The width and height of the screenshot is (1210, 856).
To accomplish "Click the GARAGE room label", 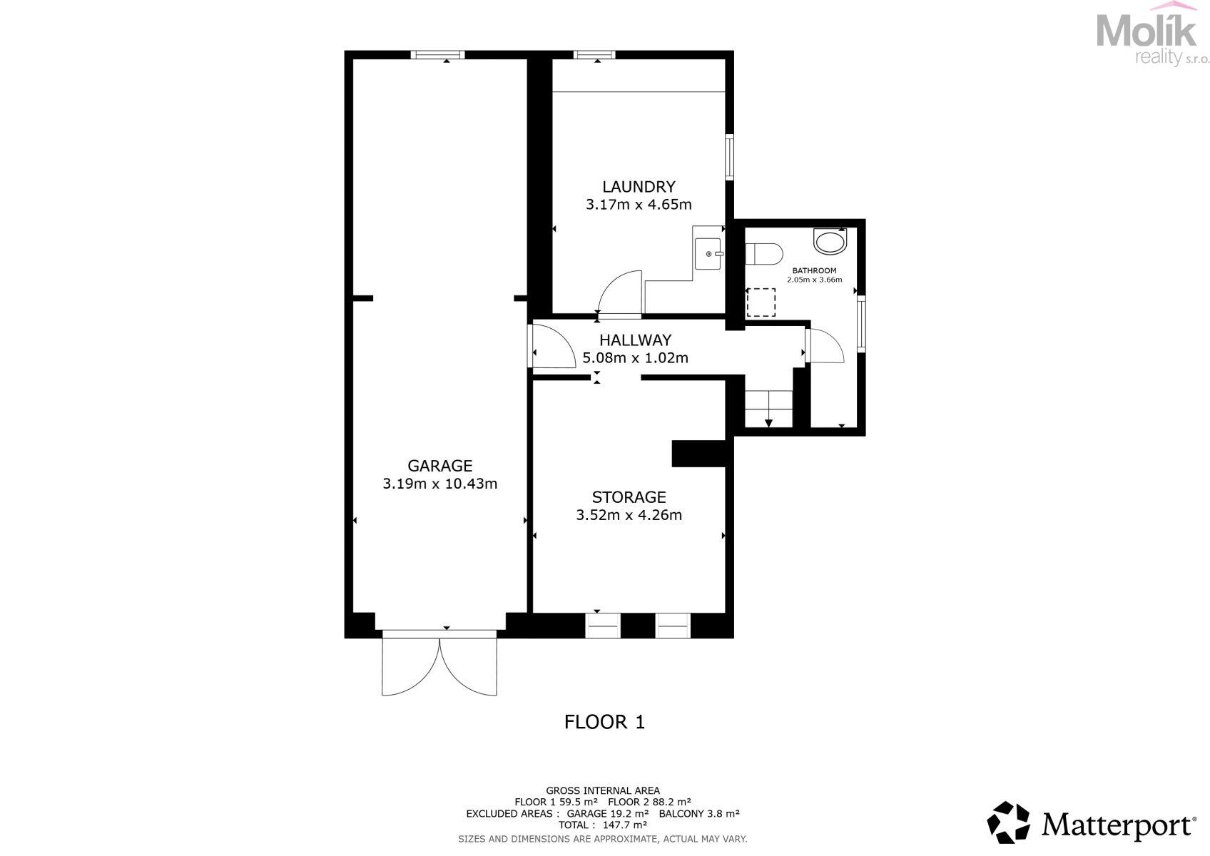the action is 439,466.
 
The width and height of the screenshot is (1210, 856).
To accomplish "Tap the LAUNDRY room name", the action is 639,187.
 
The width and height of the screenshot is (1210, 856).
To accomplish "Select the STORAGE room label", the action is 629,497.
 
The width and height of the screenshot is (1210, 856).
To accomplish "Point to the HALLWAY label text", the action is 635,340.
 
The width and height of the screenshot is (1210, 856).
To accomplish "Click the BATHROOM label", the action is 814,270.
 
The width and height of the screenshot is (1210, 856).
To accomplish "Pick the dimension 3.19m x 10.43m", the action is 439,484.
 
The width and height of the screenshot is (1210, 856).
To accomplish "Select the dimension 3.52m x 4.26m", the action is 629,515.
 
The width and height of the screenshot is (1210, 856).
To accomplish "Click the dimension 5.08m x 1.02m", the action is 635,358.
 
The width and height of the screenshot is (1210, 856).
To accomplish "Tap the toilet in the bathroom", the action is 764,254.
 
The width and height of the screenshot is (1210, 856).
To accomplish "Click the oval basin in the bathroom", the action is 830,241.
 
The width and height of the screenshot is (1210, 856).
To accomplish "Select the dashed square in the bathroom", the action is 761,302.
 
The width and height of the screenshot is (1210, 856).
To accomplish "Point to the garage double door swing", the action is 439,667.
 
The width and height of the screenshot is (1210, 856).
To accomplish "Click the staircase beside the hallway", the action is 768,409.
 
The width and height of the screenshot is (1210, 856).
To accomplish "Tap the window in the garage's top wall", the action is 437,54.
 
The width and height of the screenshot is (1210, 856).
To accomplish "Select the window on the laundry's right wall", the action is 729,157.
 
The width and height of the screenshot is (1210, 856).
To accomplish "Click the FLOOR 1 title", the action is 604,722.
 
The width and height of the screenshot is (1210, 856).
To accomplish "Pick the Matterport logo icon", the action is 1008,822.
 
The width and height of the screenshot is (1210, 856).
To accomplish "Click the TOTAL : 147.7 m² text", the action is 603,825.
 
